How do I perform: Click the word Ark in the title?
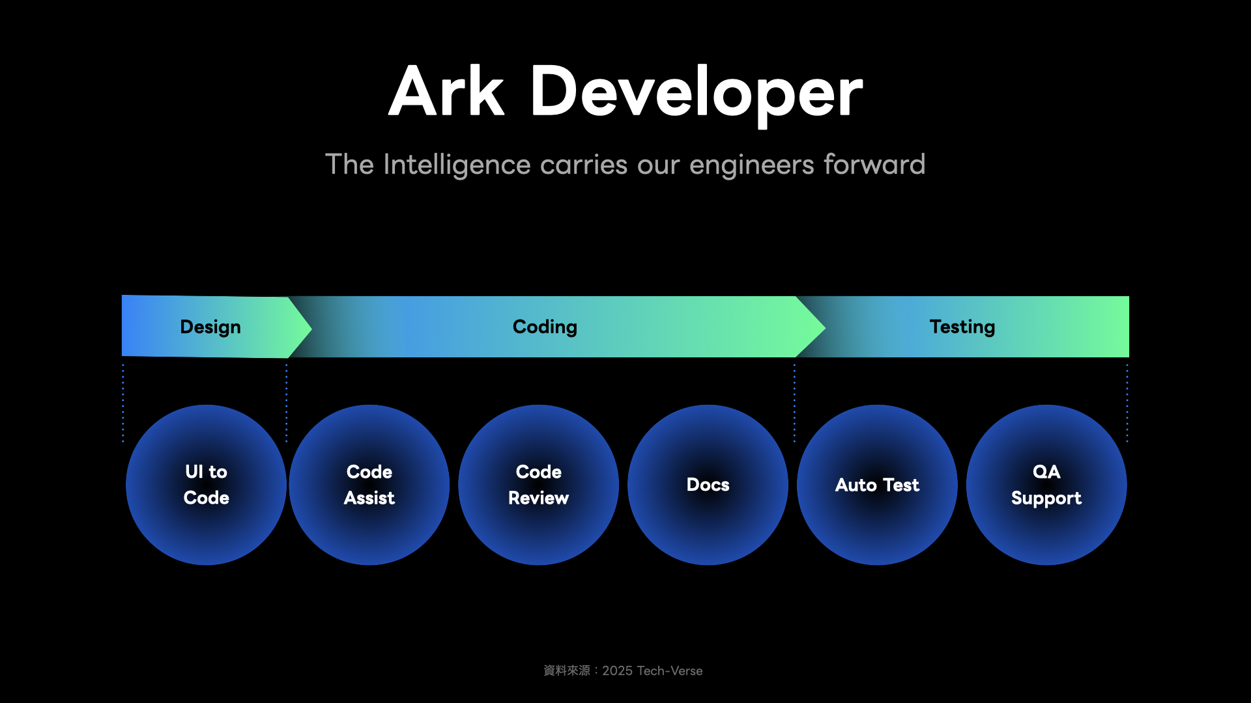pos(446,91)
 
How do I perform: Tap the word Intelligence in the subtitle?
pos(457,165)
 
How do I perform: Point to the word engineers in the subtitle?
pos(751,165)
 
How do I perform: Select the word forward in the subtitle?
pos(874,164)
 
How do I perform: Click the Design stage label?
pos(210,327)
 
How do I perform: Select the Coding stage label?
pos(545,327)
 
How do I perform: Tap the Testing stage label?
pos(962,327)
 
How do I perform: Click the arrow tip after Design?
pos(311,328)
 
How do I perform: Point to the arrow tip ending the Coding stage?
pos(825,328)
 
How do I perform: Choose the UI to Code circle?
pos(206,485)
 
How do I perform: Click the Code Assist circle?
pos(369,485)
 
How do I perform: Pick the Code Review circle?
pos(539,485)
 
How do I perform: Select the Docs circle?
pos(708,485)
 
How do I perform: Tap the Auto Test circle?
pos(877,485)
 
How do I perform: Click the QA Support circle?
pos(1046,485)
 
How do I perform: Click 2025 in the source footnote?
pos(617,671)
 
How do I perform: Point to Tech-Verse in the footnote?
pos(670,671)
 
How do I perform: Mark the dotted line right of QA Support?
pos(1127,403)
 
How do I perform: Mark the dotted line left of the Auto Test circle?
pos(794,403)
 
